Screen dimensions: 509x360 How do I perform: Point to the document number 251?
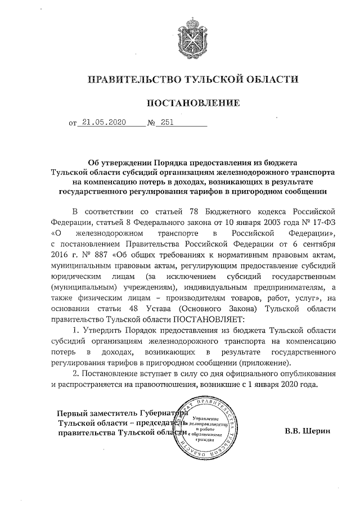pyautogui.click(x=167, y=121)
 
